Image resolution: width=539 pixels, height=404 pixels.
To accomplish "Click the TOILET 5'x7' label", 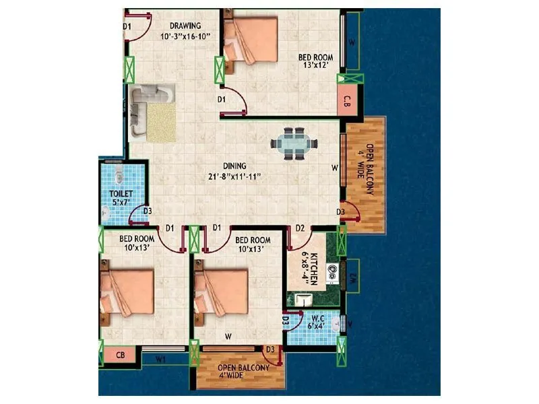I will tap(121, 199).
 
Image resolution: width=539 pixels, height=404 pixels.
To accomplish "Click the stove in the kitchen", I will tap(331, 273).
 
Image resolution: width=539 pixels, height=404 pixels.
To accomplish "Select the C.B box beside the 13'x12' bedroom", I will tap(347, 102).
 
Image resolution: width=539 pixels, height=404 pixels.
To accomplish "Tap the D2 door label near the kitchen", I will tap(300, 228).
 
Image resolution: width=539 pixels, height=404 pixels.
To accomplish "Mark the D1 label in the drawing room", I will tap(127, 26).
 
